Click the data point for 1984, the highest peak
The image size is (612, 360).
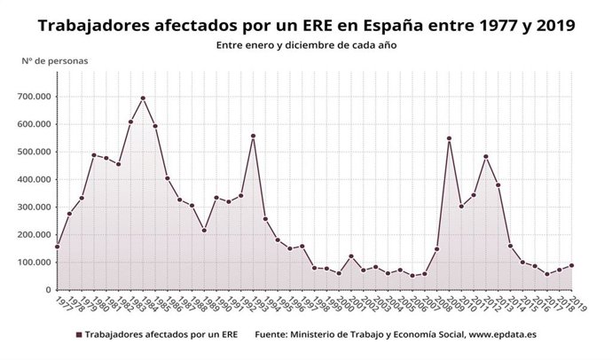pyautogui.click(x=143, y=98)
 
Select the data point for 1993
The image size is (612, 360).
pyautogui.click(x=254, y=137)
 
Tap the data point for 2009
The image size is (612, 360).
pyautogui.click(x=450, y=138)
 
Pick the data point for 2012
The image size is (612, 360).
pyautogui.click(x=486, y=157)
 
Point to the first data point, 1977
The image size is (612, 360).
pyautogui.click(x=58, y=247)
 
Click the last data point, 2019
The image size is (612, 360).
pyautogui.click(x=572, y=265)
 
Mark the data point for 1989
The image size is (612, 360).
pyautogui.click(x=205, y=231)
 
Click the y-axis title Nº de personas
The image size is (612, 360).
pyautogui.click(x=55, y=60)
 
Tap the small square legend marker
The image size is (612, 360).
pyautogui.click(x=79, y=336)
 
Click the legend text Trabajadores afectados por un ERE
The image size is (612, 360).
pyautogui.click(x=158, y=336)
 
